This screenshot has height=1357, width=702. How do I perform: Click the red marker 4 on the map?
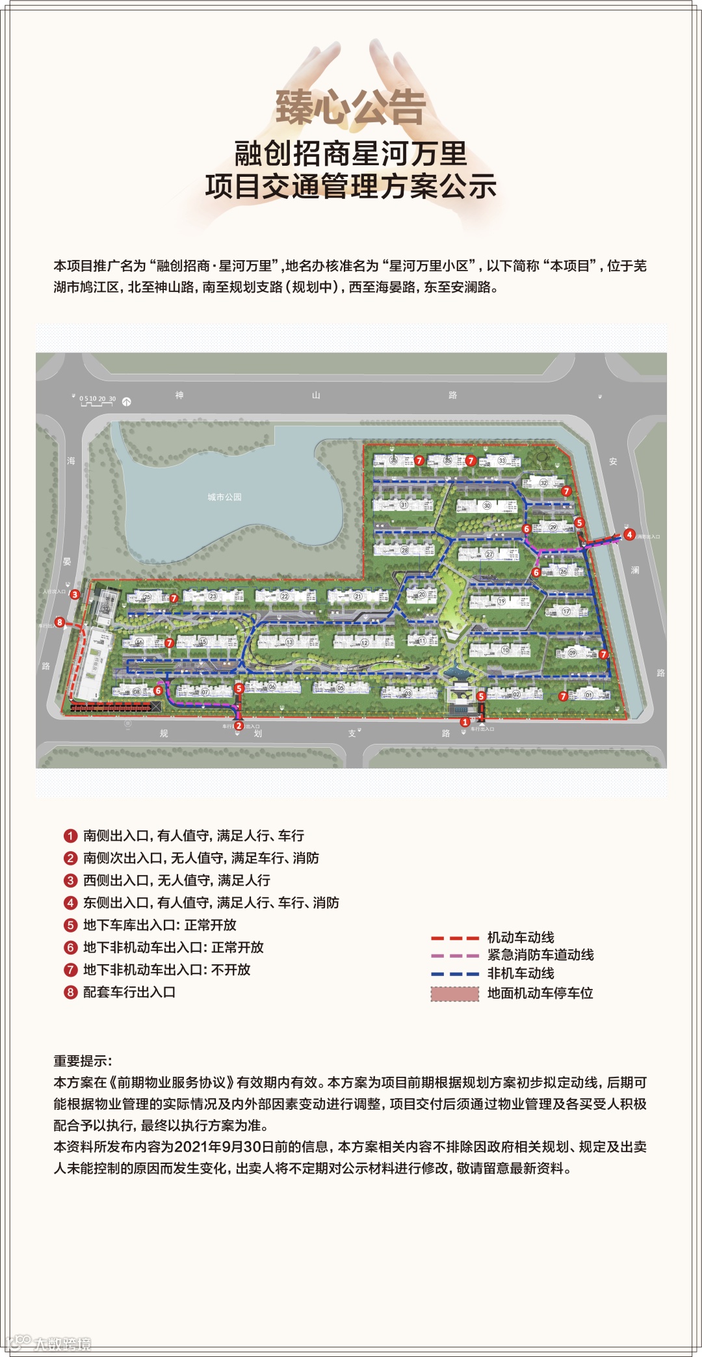(629, 534)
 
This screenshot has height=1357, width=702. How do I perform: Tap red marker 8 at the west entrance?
(59, 622)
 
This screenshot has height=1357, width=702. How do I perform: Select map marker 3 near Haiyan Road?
(75, 594)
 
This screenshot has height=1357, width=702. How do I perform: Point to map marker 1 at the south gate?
(465, 722)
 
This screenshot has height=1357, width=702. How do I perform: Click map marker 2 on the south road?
(239, 726)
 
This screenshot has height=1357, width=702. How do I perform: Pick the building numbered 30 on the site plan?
(487, 505)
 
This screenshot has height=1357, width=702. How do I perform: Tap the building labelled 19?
(501, 601)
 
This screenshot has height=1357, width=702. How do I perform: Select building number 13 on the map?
(289, 642)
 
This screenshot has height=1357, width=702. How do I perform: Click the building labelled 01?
(589, 695)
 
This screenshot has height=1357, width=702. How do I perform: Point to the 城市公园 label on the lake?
(224, 497)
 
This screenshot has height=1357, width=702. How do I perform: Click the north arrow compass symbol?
(127, 402)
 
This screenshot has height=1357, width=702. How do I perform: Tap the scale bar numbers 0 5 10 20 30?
(97, 399)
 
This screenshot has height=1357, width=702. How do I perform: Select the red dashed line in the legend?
(454, 938)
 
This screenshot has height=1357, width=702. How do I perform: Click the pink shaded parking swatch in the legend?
(454, 994)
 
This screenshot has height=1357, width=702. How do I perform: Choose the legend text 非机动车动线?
(521, 973)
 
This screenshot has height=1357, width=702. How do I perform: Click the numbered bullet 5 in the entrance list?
(70, 925)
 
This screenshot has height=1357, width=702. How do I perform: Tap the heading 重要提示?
(83, 1061)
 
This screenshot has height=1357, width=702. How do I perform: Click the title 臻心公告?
(350, 107)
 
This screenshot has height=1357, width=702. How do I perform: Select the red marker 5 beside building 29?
(579, 523)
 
